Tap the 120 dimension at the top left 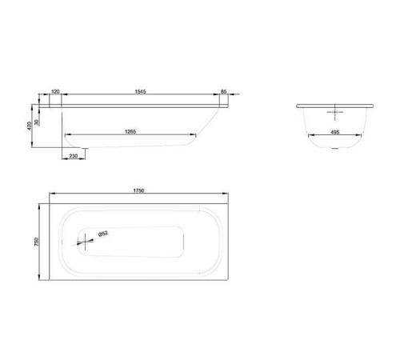56,93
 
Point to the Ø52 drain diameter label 103,234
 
